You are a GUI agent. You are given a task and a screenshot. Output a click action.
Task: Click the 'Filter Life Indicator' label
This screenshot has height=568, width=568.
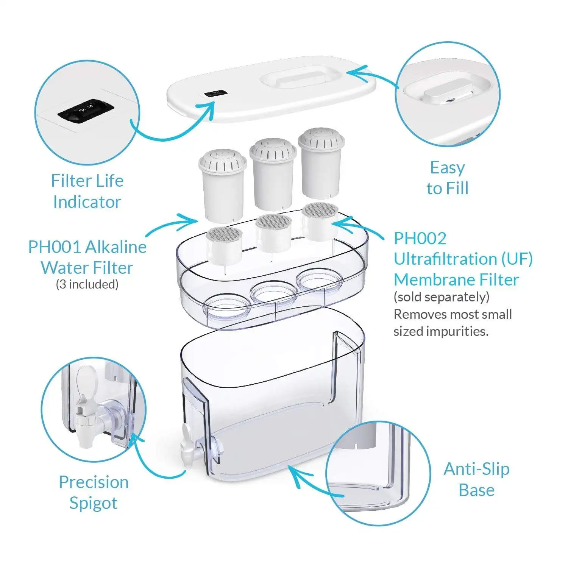tap(87, 191)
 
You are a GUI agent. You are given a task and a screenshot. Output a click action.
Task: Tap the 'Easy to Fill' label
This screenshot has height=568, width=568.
tap(448, 178)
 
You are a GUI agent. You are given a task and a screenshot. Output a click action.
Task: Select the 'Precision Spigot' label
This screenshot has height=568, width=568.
tap(94, 492)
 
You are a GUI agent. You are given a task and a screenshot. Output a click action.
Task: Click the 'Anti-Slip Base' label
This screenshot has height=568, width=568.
tap(476, 479)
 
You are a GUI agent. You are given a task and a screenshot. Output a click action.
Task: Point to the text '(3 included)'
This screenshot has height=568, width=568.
tap(87, 284)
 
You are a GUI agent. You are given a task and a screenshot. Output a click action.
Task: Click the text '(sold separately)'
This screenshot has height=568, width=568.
tap(442, 296)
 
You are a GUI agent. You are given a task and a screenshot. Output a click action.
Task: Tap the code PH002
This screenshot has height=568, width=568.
tap(420, 239)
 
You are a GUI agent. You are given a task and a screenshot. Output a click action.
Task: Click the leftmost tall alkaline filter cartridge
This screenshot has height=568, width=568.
tap(223, 184)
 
